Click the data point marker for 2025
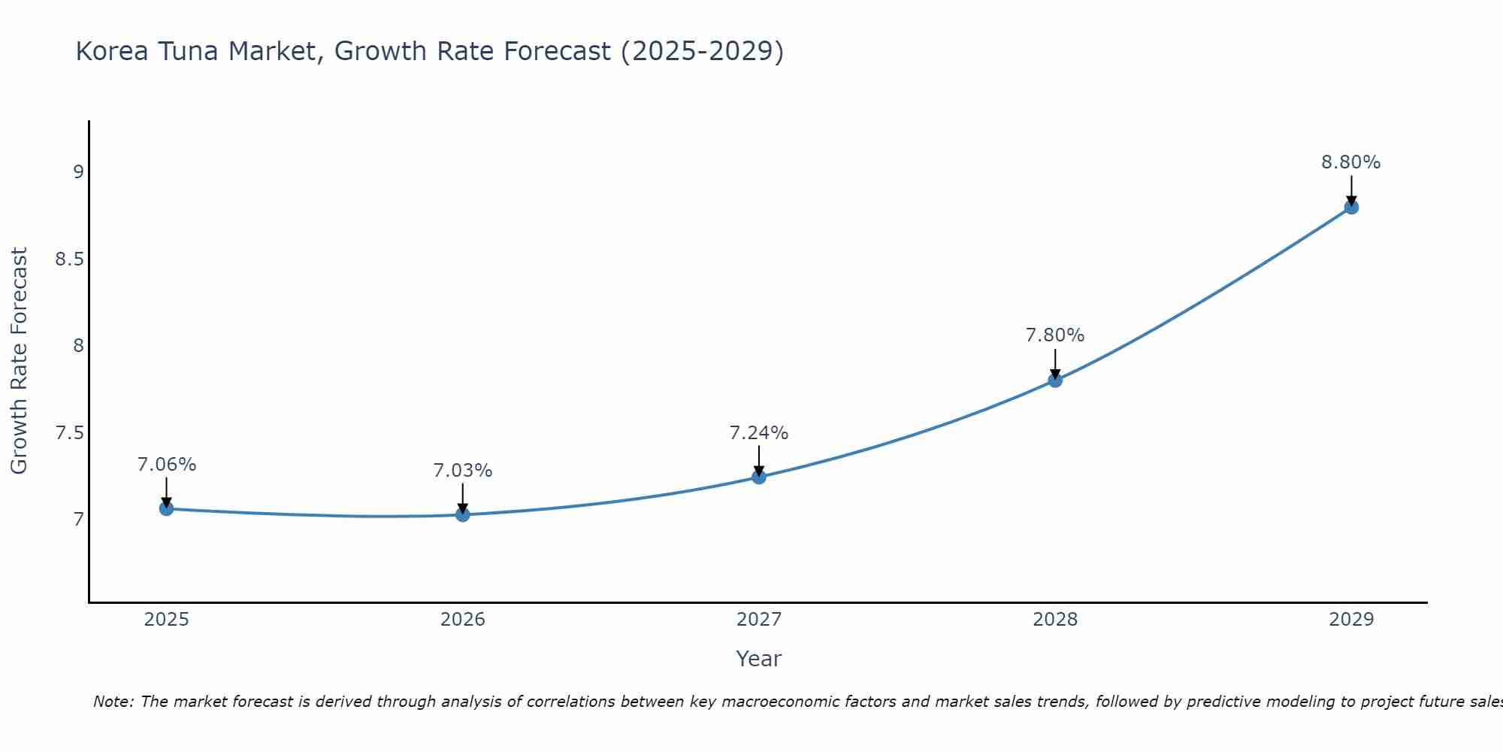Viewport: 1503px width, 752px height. pyautogui.click(x=166, y=508)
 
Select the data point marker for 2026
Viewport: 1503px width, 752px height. pyautogui.click(x=462, y=514)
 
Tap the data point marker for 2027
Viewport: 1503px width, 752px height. pyautogui.click(x=758, y=477)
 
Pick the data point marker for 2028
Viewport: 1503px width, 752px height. pyautogui.click(x=1054, y=380)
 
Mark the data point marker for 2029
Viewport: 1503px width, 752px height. pyautogui.click(x=1350, y=207)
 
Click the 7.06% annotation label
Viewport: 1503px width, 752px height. pyautogui.click(x=166, y=465)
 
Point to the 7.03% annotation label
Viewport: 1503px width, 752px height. pyautogui.click(x=462, y=471)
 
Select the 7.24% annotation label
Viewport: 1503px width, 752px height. pyautogui.click(x=758, y=433)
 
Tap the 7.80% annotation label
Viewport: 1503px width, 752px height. pyautogui.click(x=1054, y=335)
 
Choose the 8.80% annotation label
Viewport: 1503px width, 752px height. pyautogui.click(x=1350, y=162)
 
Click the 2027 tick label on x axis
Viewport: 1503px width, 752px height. pyautogui.click(x=758, y=620)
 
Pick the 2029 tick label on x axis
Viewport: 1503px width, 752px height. pyautogui.click(x=1350, y=620)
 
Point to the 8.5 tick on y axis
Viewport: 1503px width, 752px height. pyautogui.click(x=68, y=259)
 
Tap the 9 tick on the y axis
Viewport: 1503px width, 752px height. pyautogui.click(x=77, y=172)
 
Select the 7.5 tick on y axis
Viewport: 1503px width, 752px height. pyautogui.click(x=68, y=433)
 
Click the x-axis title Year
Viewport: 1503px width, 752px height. pyautogui.click(x=758, y=659)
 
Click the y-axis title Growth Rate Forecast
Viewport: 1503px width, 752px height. pyautogui.click(x=19, y=361)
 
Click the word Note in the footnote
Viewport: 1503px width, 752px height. pyautogui.click(x=113, y=702)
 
